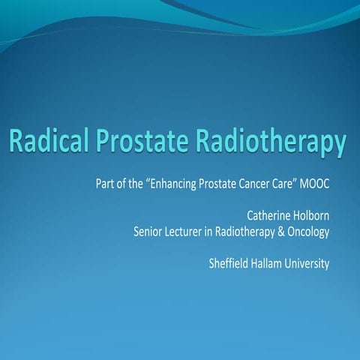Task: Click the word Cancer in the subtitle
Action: (x=258, y=182)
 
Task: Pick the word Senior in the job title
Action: (x=149, y=232)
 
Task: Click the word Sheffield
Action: (x=232, y=264)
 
